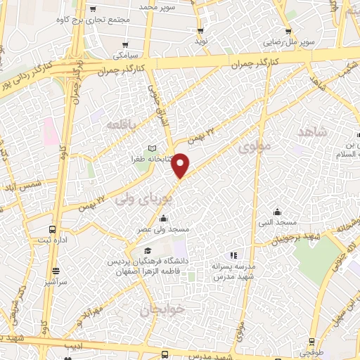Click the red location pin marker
pos(181,166)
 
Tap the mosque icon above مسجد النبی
pos(278,211)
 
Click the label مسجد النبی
pos(278,223)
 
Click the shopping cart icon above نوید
pos(200,31)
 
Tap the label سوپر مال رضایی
pos(287,42)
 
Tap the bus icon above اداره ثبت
pos(53,229)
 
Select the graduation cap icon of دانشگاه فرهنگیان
pos(147,251)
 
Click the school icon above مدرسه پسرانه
pos(234,255)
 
